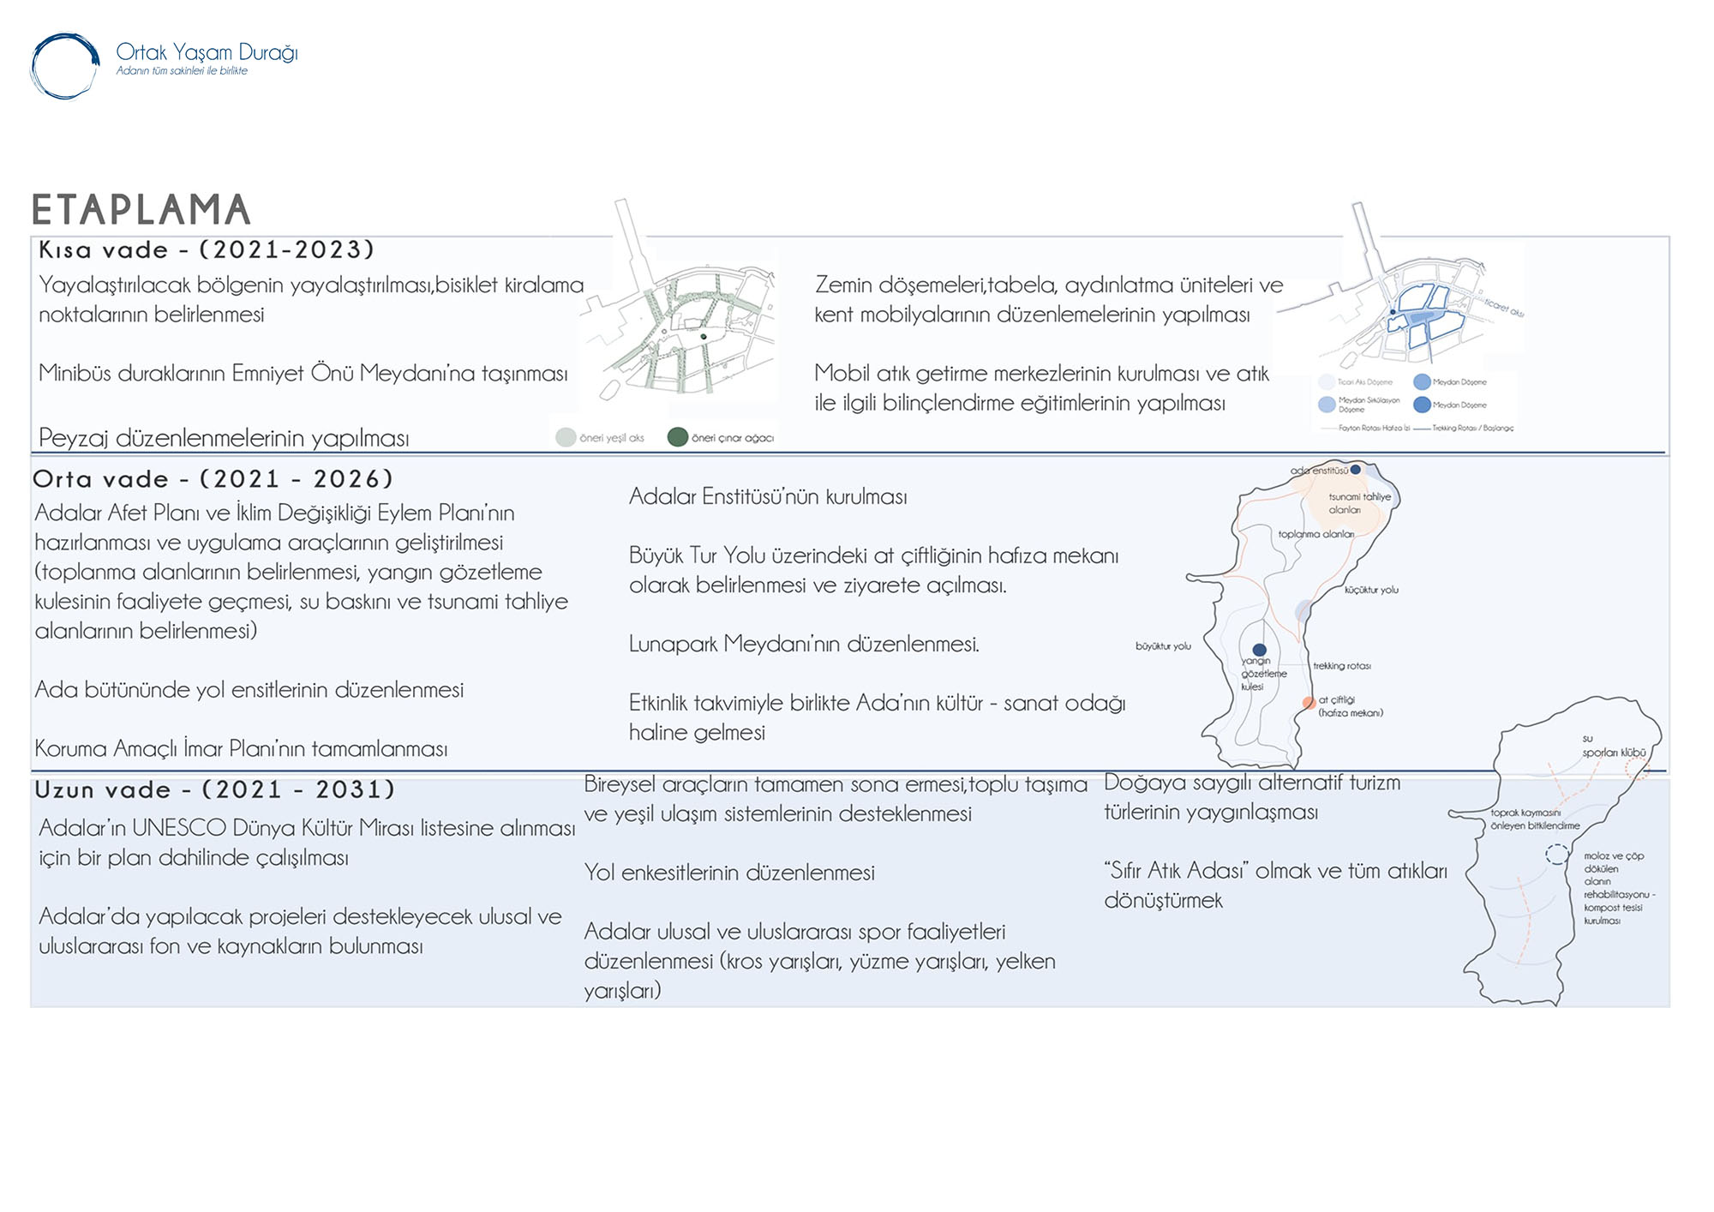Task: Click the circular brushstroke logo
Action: (65, 66)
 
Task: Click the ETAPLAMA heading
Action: (141, 210)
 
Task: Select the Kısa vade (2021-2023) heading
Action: (207, 249)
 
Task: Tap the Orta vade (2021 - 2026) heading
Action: (213, 478)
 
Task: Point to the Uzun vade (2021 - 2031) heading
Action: (214, 789)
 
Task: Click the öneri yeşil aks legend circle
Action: (566, 437)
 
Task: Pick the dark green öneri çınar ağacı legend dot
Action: (678, 437)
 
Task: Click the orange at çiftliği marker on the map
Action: (1309, 703)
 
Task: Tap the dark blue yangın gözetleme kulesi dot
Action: (1259, 650)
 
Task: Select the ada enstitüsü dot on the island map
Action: (1356, 470)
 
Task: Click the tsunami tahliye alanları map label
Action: (1359, 503)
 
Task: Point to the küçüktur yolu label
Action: (1371, 590)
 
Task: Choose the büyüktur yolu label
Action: (1163, 646)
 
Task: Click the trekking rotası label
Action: (1342, 666)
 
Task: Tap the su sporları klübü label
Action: (1613, 746)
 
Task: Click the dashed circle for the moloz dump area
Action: (1557, 854)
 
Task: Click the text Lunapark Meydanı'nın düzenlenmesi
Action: (804, 644)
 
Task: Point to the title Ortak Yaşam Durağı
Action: (207, 52)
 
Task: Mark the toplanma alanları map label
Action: (1316, 534)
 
